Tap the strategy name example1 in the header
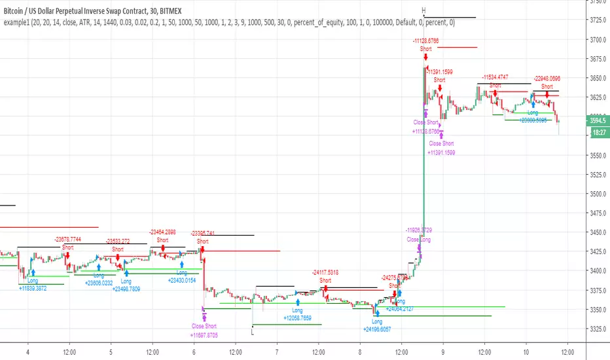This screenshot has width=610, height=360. point(18,23)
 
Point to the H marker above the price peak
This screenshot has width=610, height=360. point(423,10)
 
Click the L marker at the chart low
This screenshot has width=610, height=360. point(252,331)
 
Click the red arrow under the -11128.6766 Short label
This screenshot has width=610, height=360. point(426,58)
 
